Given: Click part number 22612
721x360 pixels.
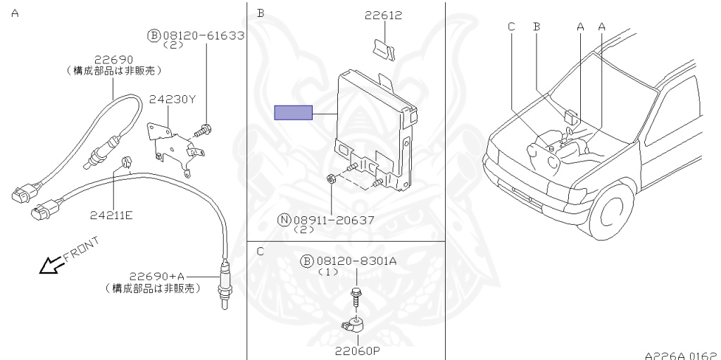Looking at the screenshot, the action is [384, 15].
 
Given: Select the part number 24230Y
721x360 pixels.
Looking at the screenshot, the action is [173, 99].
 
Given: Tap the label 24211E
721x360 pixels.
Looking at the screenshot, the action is [111, 215].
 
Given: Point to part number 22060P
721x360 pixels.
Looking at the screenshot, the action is [357, 352].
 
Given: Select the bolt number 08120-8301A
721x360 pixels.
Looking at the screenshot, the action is [356, 261].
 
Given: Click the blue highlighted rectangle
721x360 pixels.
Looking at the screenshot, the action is [294, 112].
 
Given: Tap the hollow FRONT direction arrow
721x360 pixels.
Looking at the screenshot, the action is [51, 265].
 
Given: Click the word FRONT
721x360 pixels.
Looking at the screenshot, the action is [81, 249].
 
